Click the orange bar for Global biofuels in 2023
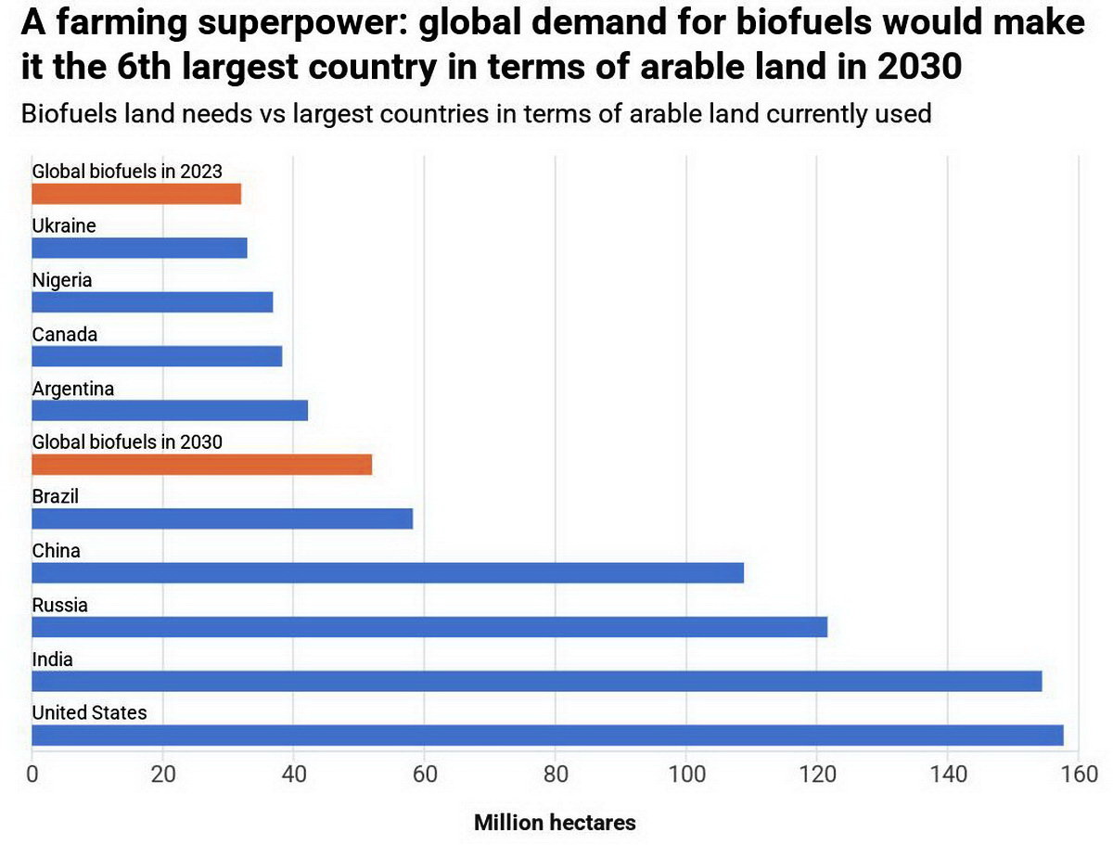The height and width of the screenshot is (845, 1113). (136, 194)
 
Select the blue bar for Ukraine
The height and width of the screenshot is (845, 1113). (139, 249)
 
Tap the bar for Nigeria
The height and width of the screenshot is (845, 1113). (152, 302)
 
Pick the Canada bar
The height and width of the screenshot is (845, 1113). (157, 357)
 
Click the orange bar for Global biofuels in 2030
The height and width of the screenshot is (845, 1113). (201, 465)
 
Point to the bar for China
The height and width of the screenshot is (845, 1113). (388, 573)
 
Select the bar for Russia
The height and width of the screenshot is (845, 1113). (429, 627)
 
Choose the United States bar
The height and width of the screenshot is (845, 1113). (547, 736)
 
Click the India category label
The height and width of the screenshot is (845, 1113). (52, 659)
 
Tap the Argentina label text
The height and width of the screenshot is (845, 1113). (73, 389)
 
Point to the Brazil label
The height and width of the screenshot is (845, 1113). (56, 496)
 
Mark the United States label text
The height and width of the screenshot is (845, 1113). (89, 713)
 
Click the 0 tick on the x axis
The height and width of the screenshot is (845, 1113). (32, 775)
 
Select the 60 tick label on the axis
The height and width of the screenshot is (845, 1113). (424, 775)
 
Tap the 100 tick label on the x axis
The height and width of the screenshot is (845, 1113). (685, 775)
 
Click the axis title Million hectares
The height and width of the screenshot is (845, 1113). (555, 823)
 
